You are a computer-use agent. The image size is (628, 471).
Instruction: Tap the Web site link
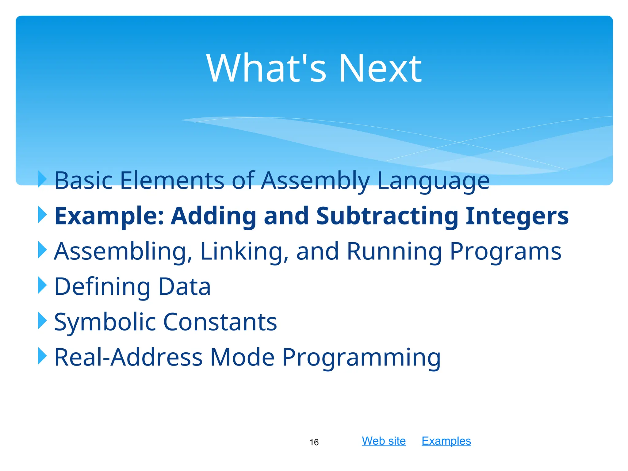[384, 441]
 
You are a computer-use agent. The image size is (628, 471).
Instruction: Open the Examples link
[446, 441]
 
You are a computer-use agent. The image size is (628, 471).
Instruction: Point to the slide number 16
[314, 442]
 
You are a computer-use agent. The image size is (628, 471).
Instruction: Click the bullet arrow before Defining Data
[42, 285]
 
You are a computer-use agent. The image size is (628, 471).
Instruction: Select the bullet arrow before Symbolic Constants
[42, 321]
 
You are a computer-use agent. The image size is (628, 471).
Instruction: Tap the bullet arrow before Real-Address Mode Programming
[42, 356]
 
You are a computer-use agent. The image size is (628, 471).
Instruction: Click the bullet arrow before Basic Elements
[42, 179]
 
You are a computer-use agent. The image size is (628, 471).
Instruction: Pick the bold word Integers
[517, 216]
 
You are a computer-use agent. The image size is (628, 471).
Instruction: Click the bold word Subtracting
[387, 216]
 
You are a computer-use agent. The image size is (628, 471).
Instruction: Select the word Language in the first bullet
[433, 181]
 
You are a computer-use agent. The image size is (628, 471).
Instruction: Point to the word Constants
[220, 322]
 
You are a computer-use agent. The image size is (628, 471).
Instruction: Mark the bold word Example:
[109, 216]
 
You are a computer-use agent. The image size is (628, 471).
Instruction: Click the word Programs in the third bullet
[505, 251]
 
